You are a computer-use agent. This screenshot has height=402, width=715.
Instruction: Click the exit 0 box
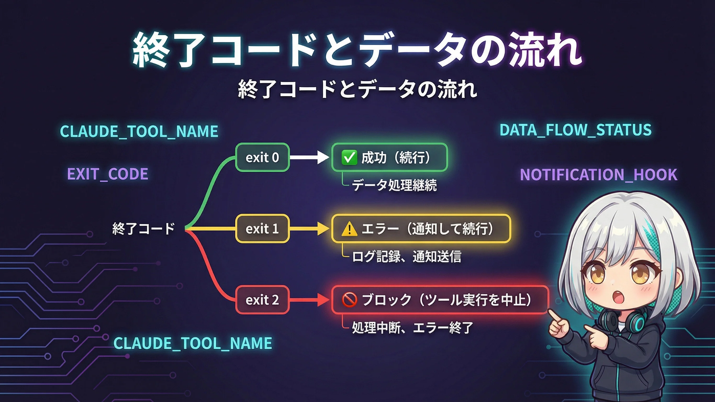point(262,157)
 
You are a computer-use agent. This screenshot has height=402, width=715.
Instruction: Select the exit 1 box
point(262,228)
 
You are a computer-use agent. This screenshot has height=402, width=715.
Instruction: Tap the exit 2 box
point(262,300)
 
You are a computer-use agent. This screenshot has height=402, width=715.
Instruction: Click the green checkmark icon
point(349,157)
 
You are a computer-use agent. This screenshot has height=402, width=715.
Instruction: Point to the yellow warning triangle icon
point(349,229)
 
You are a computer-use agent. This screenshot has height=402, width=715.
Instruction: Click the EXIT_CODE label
point(108,174)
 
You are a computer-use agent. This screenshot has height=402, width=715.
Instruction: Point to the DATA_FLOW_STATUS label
point(576,130)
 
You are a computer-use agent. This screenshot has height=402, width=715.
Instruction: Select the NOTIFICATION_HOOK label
point(599,175)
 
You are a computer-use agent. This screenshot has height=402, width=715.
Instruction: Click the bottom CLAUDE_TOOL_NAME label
point(193,343)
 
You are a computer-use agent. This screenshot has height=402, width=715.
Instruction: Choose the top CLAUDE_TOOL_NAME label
point(139,131)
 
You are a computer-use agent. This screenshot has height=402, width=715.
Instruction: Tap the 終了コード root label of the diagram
point(143,229)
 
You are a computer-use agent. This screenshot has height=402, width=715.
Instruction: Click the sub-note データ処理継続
point(394,185)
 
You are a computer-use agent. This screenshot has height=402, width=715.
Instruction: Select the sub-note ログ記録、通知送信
point(406,256)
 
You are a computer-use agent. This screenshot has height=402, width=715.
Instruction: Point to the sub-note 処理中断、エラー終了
point(412,328)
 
